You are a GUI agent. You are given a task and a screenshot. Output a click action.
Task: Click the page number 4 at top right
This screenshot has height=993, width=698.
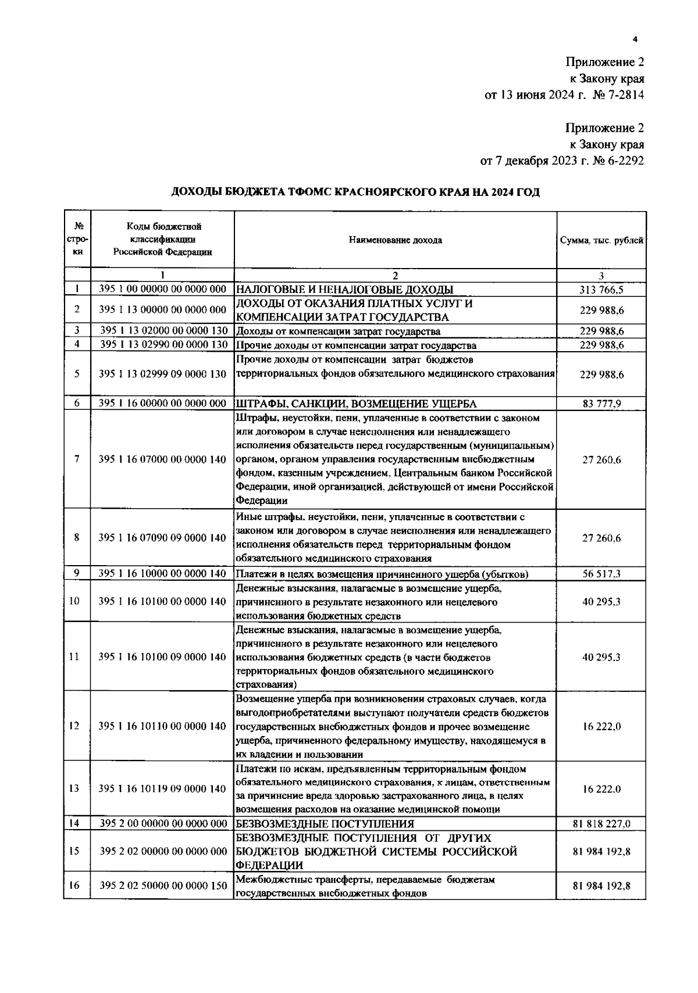pos(635,40)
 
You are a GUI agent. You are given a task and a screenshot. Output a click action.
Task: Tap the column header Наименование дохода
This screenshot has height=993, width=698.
pos(395,240)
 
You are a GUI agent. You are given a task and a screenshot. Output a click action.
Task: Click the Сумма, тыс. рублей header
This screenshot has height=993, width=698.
pos(601,240)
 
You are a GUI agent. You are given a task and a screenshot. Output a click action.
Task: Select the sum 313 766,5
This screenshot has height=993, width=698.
pos(601,290)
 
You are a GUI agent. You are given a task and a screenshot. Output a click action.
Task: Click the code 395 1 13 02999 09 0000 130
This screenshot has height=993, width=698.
pos(162,374)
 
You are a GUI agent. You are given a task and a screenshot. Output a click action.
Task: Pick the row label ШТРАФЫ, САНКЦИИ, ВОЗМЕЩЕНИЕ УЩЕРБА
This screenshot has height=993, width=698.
pos(356,403)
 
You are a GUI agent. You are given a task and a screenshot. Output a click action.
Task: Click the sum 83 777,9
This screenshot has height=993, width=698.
pos(601,403)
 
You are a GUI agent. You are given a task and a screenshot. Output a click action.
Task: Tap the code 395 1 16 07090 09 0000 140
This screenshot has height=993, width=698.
pos(162,538)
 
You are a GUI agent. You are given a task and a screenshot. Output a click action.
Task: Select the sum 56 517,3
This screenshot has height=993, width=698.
pos(601,574)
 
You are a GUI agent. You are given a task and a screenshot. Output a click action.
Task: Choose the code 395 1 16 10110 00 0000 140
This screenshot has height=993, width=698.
pos(162,726)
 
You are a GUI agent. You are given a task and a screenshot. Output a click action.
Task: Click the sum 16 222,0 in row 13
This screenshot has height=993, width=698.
pos(601,789)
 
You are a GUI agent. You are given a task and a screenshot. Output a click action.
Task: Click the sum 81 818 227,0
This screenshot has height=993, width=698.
pos(601,823)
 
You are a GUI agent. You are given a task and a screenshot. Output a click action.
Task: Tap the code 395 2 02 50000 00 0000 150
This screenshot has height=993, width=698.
pos(162,886)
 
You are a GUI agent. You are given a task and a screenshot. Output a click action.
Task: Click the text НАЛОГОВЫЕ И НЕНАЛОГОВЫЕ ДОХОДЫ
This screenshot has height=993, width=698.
pos(344,290)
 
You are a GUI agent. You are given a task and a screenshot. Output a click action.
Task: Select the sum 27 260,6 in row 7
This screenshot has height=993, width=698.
pos(601,459)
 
